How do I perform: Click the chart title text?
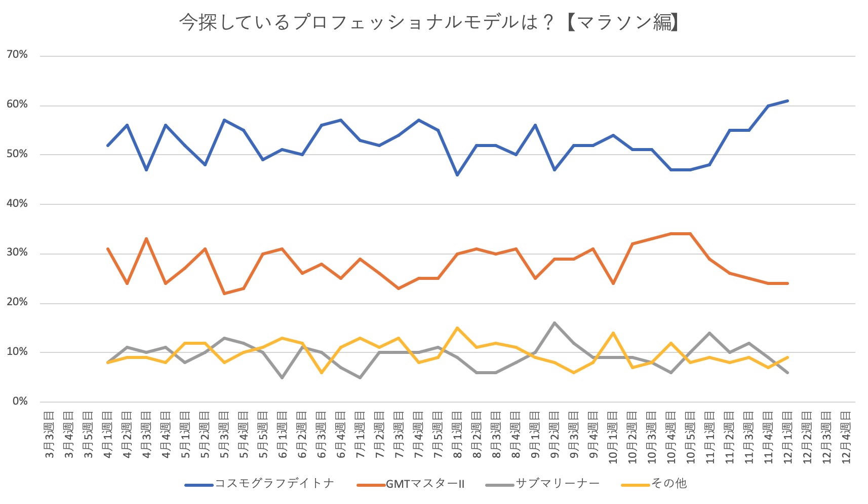click(428, 22)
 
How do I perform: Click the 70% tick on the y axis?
click(17, 55)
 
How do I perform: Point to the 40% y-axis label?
click(17, 204)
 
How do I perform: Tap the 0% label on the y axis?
click(20, 402)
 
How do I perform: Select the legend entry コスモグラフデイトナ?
click(274, 484)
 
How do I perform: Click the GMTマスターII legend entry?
click(425, 484)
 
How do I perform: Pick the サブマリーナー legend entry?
click(557, 484)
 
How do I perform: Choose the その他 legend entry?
click(668, 484)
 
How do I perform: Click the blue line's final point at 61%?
click(787, 101)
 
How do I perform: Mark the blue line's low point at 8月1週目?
click(457, 175)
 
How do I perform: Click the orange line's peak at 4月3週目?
click(146, 238)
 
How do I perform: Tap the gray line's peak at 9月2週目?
click(555, 323)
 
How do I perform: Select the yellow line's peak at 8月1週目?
click(457, 328)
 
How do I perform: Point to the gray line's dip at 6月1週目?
click(282, 378)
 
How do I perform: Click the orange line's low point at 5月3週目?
click(224, 293)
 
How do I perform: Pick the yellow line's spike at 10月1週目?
click(613, 333)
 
